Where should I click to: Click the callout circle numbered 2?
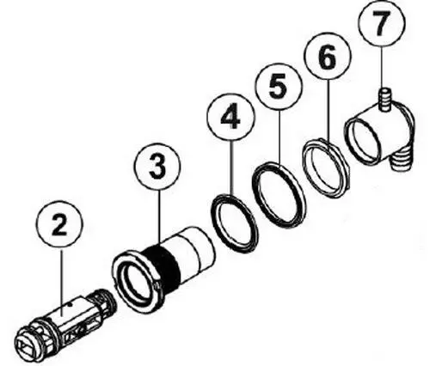(x=60, y=224)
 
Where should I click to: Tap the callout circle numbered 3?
(x=157, y=167)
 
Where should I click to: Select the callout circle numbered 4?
(x=231, y=117)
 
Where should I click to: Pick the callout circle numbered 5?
(x=279, y=87)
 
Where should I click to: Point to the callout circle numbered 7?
(x=381, y=24)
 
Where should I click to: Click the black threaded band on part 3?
(x=163, y=265)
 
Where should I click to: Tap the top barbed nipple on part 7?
(x=381, y=99)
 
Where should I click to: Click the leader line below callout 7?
(x=381, y=65)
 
